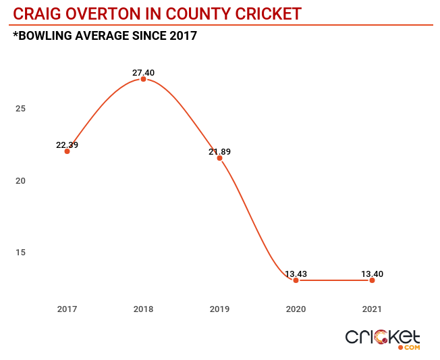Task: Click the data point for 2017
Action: point(67,151)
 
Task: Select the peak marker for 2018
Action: point(143,79)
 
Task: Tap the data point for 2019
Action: point(219,158)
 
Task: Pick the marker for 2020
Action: point(296,280)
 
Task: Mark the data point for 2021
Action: point(372,280)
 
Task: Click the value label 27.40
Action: point(143,72)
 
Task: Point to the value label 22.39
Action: point(67,145)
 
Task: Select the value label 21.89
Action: point(219,151)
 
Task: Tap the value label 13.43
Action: point(296,274)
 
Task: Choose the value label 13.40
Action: point(372,274)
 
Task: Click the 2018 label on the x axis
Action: point(143,309)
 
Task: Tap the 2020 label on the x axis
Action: point(296,309)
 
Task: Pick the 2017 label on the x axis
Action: point(67,309)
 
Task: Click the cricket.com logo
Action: point(383,338)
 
